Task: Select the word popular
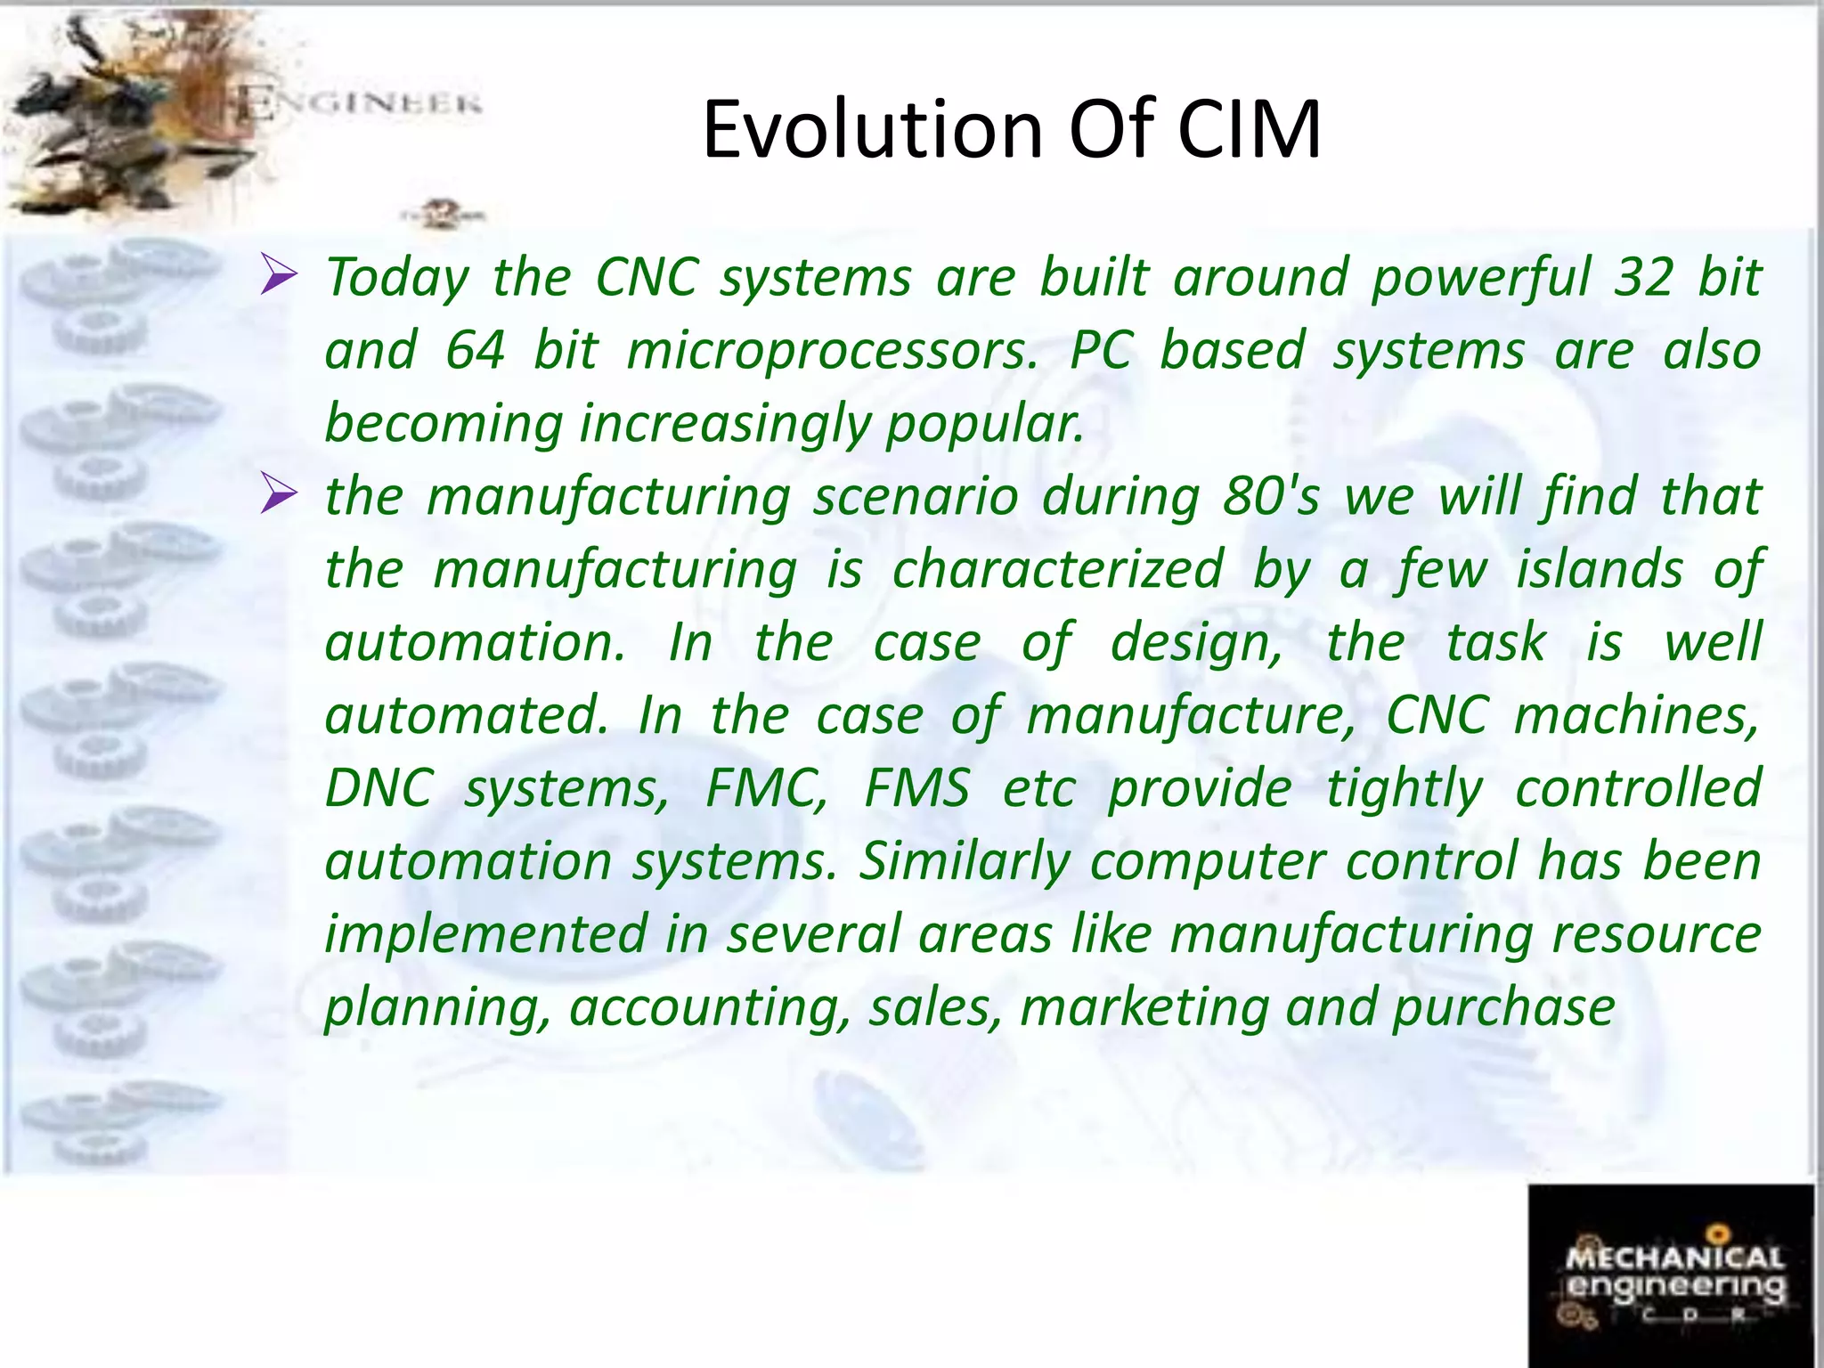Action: (984, 424)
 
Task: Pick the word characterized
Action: (1057, 569)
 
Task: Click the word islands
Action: (1600, 569)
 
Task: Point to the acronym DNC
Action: (379, 788)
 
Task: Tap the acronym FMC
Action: (766, 788)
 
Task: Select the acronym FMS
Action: (917, 788)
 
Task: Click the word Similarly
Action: (964, 861)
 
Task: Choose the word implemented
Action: (485, 934)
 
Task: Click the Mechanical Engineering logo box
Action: (1671, 1275)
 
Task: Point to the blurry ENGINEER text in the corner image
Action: (361, 105)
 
